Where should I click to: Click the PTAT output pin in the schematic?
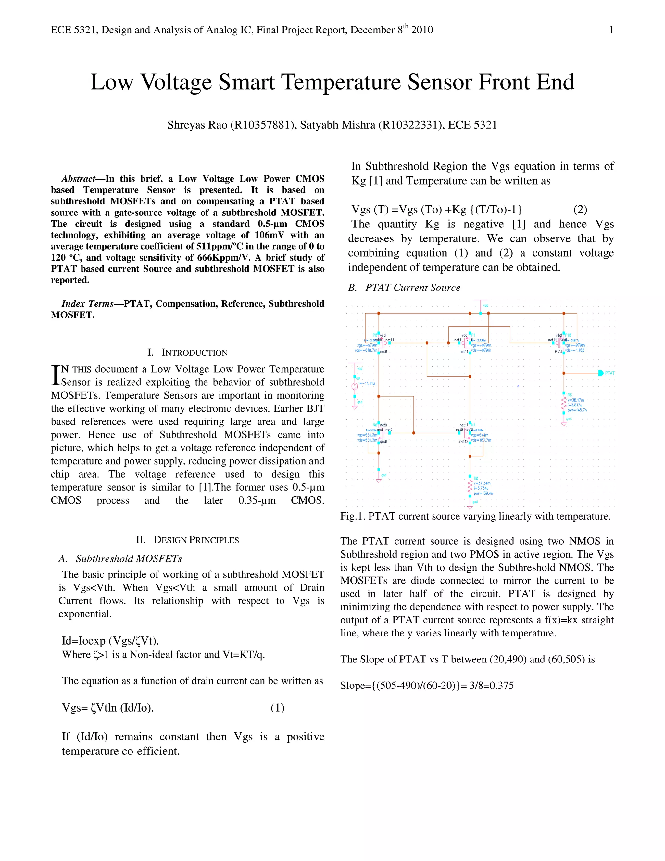601,373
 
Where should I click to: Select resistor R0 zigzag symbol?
470,488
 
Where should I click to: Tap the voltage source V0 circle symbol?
355,386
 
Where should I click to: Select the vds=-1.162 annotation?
575,350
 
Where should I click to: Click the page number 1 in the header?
611,30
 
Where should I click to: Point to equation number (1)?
277,708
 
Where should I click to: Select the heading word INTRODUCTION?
194,353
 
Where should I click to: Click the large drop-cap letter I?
56,375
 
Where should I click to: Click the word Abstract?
78,179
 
